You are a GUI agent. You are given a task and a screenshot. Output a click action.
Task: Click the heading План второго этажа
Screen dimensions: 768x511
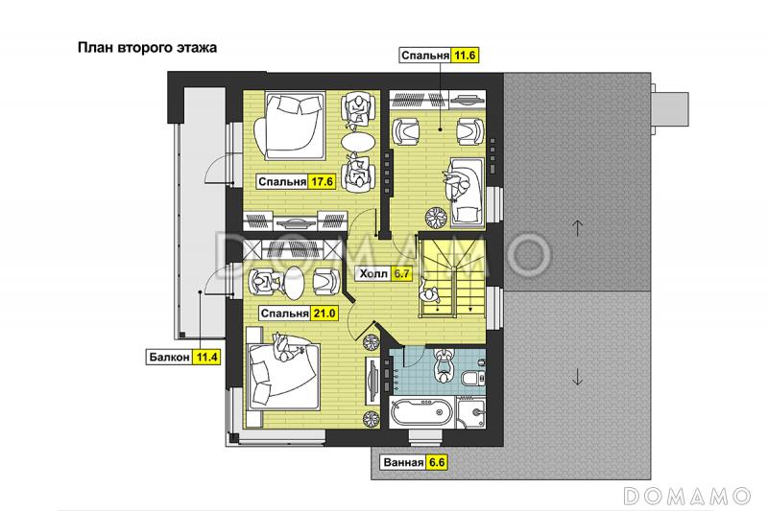147,48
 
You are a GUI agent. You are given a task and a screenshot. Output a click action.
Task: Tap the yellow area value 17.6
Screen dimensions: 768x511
322,182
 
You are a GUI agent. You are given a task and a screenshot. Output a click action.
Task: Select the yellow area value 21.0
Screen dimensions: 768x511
324,313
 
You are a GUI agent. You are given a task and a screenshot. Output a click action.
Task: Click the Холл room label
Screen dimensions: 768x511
373,274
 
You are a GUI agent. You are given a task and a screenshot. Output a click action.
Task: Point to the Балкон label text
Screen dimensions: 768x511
170,357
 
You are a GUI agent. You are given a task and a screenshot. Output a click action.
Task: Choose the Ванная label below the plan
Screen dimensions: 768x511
403,463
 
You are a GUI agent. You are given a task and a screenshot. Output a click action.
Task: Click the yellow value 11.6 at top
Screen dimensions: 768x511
465,56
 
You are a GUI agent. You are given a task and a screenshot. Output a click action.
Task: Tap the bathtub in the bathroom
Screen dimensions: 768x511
421,413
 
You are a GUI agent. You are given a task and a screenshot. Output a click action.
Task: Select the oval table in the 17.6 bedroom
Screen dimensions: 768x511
358,142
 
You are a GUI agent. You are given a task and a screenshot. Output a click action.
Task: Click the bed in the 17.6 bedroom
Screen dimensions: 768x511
289,127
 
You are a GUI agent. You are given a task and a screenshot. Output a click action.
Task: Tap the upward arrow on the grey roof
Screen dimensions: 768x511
578,228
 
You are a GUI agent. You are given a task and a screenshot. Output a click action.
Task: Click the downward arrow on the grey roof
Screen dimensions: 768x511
577,376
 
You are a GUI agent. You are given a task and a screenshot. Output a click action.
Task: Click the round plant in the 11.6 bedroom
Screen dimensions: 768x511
436,217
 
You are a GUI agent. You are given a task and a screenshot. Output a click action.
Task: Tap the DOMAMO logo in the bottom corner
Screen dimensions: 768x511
687,496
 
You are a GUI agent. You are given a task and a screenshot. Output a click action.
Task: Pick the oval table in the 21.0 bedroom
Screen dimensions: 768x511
294,283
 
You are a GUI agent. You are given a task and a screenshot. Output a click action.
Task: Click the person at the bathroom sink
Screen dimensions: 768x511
444,365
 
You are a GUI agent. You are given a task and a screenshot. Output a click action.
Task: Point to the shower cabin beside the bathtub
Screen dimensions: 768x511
471,412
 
